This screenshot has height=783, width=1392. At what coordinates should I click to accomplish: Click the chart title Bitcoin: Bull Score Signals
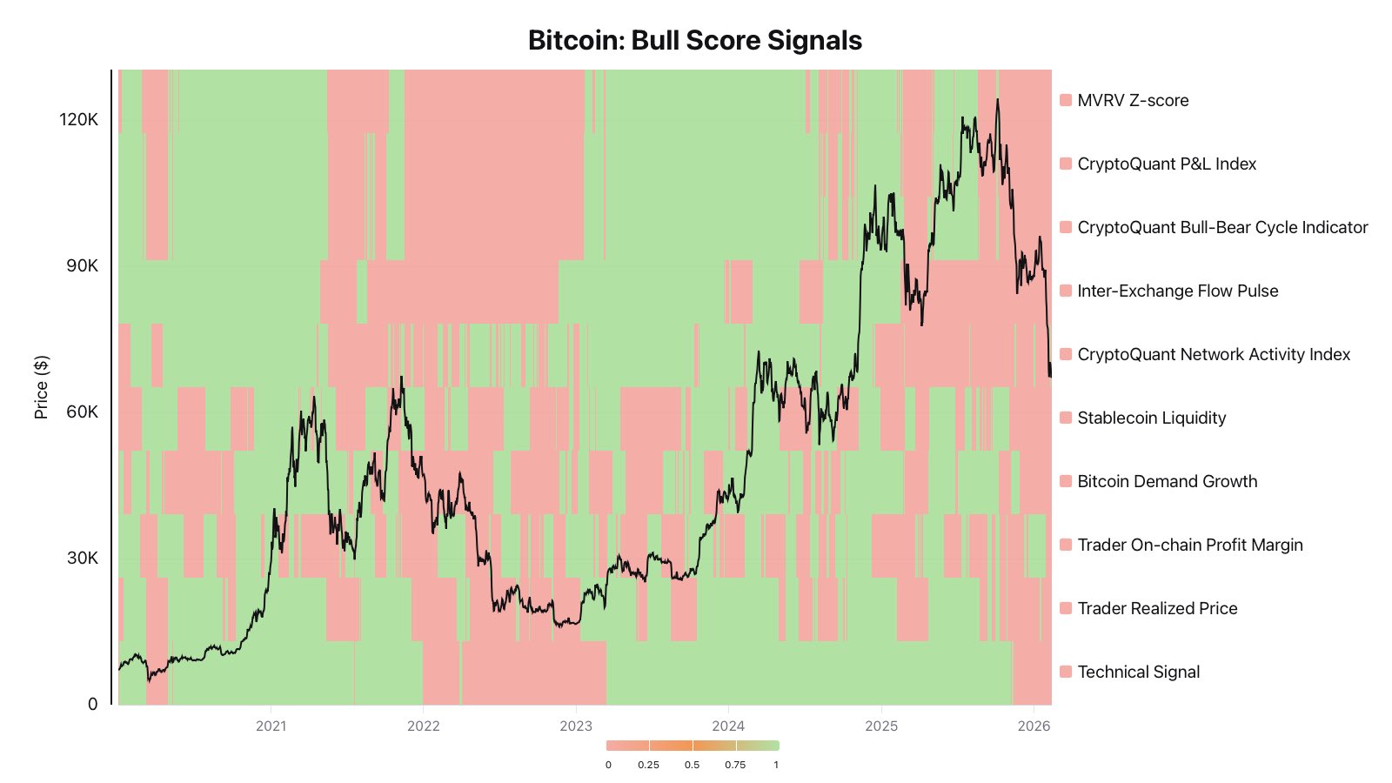[x=695, y=40]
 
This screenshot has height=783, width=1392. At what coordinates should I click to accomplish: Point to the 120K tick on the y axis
[x=78, y=120]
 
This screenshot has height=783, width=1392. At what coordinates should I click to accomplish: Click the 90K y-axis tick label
[x=82, y=266]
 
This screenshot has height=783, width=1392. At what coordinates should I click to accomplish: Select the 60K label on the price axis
[x=82, y=412]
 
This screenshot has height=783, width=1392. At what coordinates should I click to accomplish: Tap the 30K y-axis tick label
[x=82, y=559]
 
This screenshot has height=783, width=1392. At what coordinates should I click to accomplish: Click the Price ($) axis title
[x=41, y=387]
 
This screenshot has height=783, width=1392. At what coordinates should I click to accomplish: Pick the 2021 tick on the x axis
[x=271, y=726]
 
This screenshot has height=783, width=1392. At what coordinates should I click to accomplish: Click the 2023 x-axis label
[x=576, y=726]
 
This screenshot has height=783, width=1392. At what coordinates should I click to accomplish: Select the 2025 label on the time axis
[x=881, y=726]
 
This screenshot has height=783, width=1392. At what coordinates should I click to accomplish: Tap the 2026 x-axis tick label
[x=1034, y=726]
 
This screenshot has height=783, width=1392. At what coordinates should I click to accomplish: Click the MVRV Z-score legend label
[x=1133, y=100]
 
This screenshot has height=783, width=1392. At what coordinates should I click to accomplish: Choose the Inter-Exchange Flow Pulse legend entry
[x=1177, y=291]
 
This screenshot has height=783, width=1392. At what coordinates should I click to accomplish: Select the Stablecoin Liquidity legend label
[x=1151, y=418]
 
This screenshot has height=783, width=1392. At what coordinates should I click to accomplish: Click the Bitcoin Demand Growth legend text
[x=1167, y=481]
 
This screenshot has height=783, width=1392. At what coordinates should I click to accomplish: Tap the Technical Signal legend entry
[x=1138, y=672]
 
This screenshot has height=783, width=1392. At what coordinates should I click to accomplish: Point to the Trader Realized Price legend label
[x=1157, y=608]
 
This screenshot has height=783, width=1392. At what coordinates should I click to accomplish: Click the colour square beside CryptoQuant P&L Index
[x=1066, y=164]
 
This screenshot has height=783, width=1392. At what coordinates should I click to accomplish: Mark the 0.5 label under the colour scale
[x=692, y=765]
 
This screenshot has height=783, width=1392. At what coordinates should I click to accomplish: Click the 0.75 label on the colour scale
[x=735, y=765]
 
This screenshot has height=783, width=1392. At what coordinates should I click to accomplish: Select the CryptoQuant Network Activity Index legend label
[x=1214, y=354]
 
